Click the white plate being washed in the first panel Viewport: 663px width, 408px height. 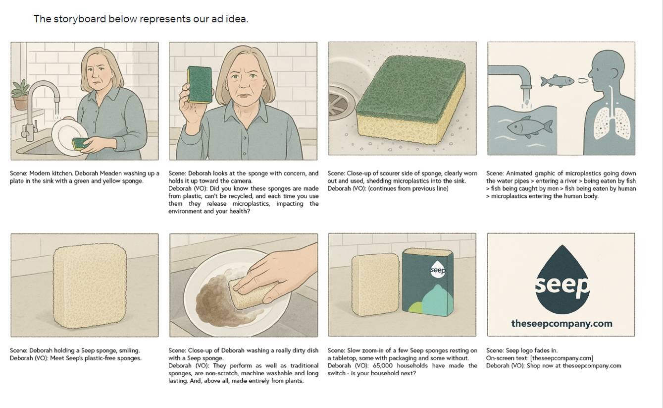[x=69, y=136]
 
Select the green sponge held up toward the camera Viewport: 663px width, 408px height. [x=200, y=85]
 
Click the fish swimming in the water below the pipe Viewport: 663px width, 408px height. [x=530, y=127]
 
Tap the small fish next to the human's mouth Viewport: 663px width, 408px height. [x=557, y=81]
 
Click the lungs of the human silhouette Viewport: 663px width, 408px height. [x=612, y=123]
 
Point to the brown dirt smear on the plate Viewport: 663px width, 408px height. [x=219, y=299]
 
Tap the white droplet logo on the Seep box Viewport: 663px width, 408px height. [x=438, y=269]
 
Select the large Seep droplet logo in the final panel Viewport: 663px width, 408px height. [x=562, y=280]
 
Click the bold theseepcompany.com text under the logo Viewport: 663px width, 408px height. [x=561, y=323]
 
